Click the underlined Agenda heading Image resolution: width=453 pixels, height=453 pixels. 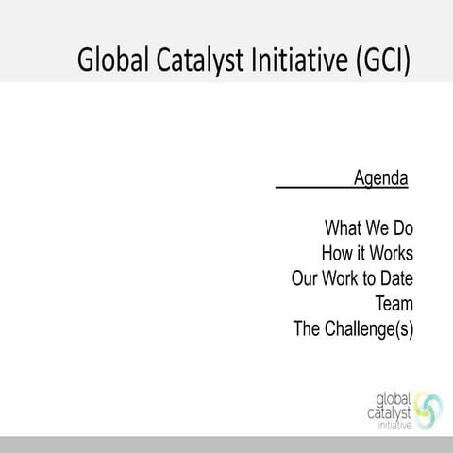[380, 177]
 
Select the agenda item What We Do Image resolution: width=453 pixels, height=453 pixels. [369, 228]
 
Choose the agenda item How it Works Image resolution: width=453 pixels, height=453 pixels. [367, 254]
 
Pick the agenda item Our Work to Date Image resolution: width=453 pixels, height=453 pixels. [353, 279]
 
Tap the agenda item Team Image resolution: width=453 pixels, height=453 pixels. [394, 305]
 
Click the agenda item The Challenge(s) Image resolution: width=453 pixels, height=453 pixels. [354, 330]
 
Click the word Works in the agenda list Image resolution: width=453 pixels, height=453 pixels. [391, 254]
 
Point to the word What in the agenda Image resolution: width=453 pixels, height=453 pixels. [344, 228]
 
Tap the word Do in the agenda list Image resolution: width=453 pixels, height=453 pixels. [403, 228]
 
